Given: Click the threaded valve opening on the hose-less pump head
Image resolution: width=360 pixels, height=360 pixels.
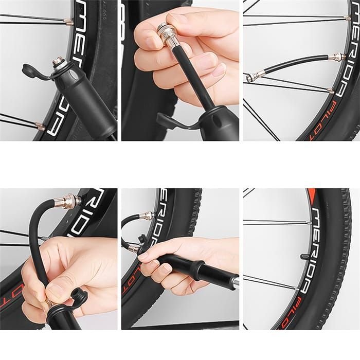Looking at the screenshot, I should point(58,62).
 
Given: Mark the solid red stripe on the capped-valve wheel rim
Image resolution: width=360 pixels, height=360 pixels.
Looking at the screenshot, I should point(311,195).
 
